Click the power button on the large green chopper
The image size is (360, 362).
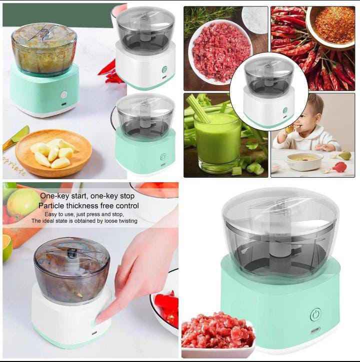315,314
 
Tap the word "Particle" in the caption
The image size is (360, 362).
55,205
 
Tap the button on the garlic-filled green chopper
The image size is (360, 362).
63,94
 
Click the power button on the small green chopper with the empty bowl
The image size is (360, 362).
163,157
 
